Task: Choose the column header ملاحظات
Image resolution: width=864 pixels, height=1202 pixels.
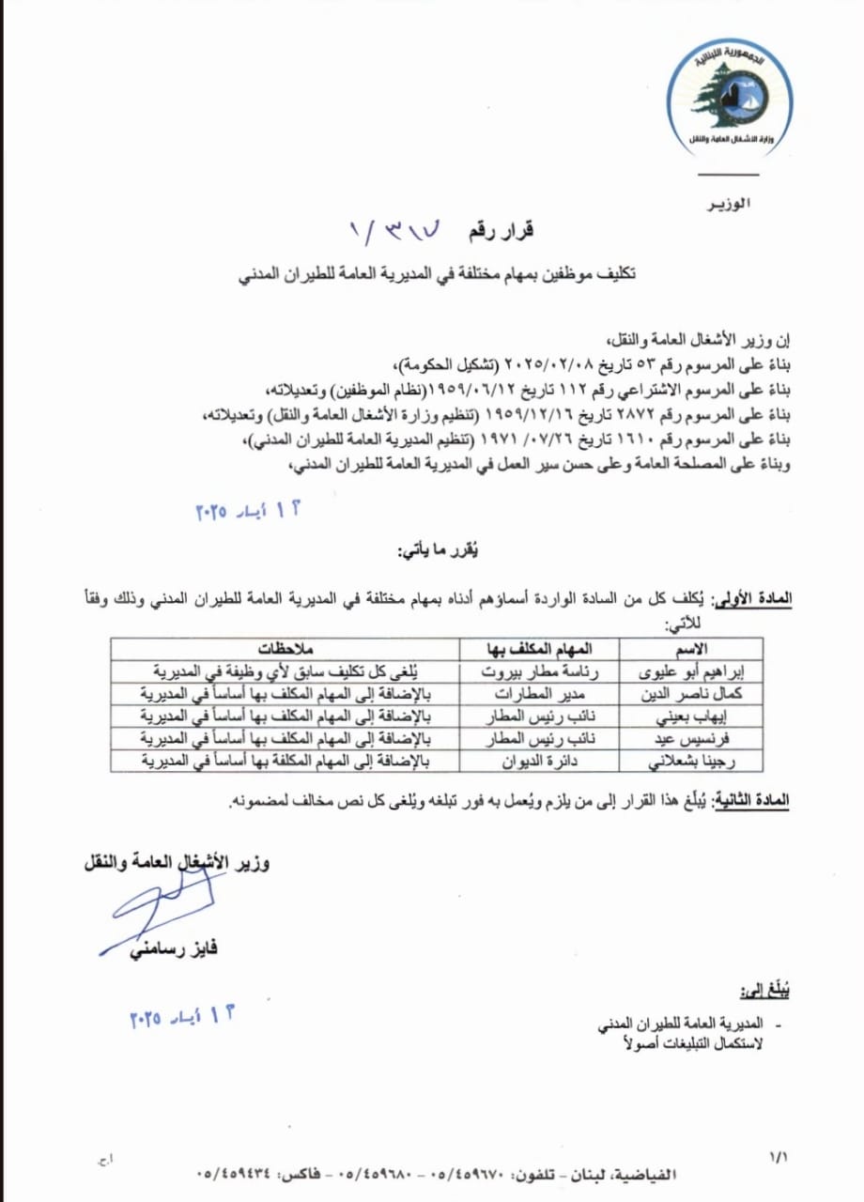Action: click(285, 649)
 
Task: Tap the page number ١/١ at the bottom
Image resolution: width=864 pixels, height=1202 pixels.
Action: click(779, 1158)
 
